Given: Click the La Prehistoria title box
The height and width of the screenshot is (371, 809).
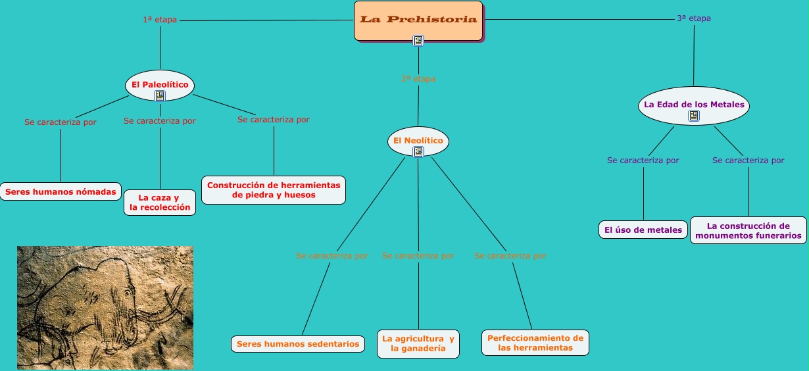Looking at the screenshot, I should tap(418, 20).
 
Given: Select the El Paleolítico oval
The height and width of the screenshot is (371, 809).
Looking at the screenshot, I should tap(160, 84).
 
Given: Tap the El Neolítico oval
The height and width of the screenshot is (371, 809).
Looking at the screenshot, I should tap(418, 140).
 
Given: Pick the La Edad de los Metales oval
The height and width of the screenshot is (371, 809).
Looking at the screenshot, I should tap(694, 104).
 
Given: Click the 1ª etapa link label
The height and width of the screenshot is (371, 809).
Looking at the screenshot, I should tap(160, 20).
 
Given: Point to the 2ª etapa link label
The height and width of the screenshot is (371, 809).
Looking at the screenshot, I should tap(418, 79).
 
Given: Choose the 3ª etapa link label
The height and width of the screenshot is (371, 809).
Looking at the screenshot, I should tap(694, 18).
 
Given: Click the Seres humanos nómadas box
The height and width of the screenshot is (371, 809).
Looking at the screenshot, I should tap(61, 192).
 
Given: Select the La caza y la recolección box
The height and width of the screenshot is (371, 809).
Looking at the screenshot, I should tap(160, 203).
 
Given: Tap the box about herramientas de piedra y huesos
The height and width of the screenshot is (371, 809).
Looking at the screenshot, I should tap(274, 190).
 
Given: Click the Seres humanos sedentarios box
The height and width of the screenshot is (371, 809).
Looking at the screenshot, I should tap(298, 344).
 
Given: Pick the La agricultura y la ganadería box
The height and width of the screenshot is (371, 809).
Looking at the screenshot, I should tap(418, 344).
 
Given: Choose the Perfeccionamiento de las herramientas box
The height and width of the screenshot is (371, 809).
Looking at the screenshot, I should tap(535, 343).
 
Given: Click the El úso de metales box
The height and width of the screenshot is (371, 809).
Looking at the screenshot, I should tap(643, 230).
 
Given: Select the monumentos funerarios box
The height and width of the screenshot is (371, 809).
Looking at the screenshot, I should tap(748, 230).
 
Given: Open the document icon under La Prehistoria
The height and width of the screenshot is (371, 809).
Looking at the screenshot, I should tap(418, 41).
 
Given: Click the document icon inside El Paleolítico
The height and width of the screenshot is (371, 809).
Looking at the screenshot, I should tap(160, 96).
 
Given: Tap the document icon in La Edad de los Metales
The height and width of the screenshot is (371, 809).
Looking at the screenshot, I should tap(694, 116).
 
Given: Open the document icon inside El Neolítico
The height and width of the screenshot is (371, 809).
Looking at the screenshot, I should tap(418, 152).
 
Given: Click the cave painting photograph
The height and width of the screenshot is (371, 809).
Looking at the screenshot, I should tap(105, 307).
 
